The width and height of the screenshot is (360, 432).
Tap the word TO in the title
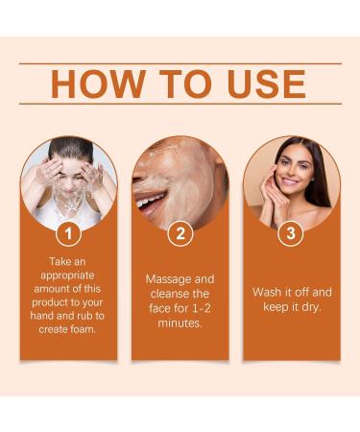click(175, 84)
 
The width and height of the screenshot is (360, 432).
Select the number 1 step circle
click(69, 232)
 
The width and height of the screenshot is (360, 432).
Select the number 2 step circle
click(180, 232)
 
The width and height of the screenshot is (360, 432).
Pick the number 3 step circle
click(291, 232)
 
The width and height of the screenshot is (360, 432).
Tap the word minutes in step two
click(180, 324)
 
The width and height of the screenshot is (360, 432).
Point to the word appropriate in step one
click(69, 275)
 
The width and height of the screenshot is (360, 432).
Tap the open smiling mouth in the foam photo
click(151, 201)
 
